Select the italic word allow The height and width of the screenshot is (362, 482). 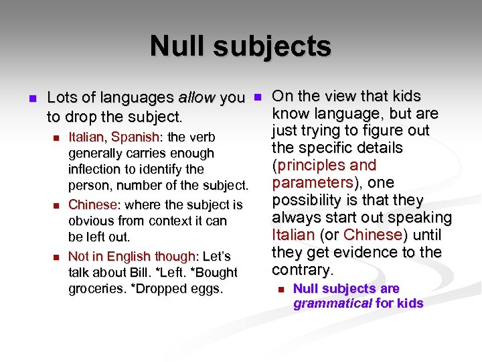tap(197, 98)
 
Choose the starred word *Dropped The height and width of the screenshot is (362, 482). tap(161, 289)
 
